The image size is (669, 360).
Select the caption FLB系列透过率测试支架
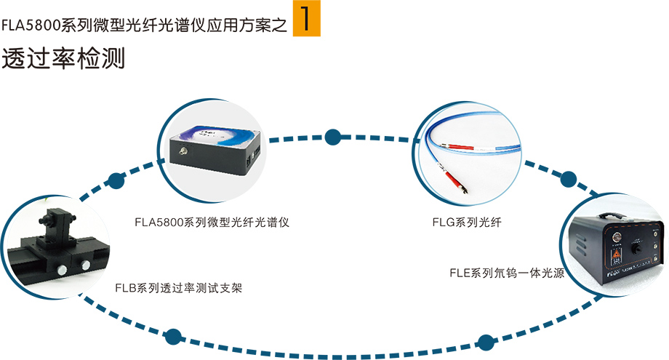pyautogui.click(x=178, y=288)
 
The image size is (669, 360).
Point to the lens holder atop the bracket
pyautogui.click(x=55, y=218)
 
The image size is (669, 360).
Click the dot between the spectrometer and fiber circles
pyautogui.click(x=334, y=136)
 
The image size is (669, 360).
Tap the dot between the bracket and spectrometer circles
pyautogui.click(x=115, y=180)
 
